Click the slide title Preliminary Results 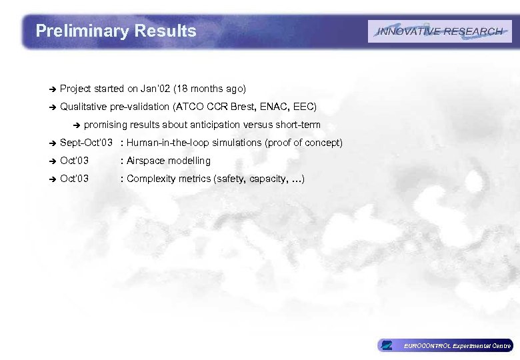[x=116, y=31]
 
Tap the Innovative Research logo [x=440, y=31]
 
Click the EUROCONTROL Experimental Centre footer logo [x=445, y=345]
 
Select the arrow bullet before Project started [x=50, y=89]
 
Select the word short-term [x=297, y=125]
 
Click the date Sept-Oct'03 [x=86, y=143]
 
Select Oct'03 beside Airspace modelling [x=74, y=161]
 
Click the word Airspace [x=146, y=161]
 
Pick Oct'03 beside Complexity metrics [x=74, y=179]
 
